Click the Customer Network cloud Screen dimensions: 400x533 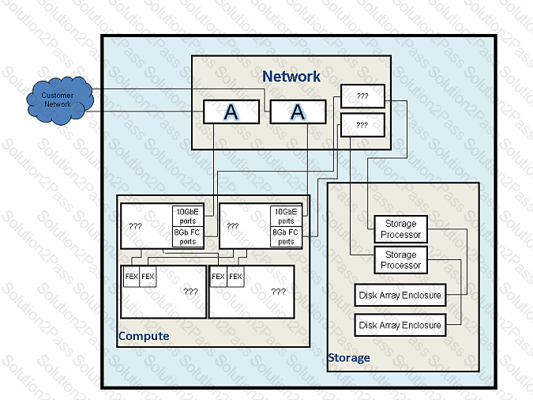(58, 100)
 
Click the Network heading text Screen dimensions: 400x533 (291, 77)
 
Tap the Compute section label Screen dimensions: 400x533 (143, 336)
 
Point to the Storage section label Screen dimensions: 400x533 (348, 357)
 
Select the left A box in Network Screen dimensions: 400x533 (231, 112)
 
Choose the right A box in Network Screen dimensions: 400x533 (298, 112)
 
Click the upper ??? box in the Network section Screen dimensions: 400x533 (362, 96)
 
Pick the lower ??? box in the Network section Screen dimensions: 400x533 (362, 125)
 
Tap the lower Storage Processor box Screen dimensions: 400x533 (400, 260)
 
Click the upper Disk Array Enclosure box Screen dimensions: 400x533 (400, 296)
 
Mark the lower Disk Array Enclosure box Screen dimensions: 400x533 (400, 325)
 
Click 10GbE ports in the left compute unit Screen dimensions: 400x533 (188, 216)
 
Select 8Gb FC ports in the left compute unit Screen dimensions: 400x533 (188, 237)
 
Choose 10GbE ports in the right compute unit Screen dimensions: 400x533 (286, 216)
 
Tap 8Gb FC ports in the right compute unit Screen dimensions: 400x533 (286, 237)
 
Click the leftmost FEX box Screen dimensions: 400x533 (131, 277)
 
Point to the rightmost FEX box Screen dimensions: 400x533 (235, 277)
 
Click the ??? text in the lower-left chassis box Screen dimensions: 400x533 (190, 291)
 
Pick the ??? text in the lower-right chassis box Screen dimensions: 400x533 (278, 291)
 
